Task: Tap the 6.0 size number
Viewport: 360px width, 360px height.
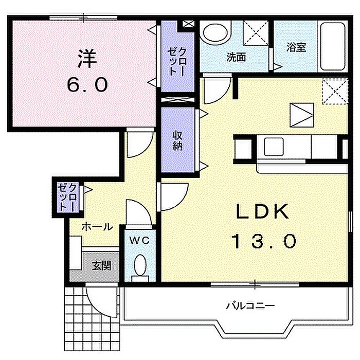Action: pyautogui.click(x=87, y=84)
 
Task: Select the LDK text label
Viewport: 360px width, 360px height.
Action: pyautogui.click(x=262, y=211)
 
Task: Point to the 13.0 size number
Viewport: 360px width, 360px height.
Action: pyautogui.click(x=264, y=241)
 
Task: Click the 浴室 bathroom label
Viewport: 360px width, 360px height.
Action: pyautogui.click(x=296, y=47)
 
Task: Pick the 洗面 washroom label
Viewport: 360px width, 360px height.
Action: pyautogui.click(x=236, y=57)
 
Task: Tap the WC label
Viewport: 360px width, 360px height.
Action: pyautogui.click(x=139, y=240)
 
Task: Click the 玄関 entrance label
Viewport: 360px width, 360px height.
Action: pyautogui.click(x=102, y=266)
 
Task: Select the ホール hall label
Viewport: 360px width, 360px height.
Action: pyautogui.click(x=97, y=227)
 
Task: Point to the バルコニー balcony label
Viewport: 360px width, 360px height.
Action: pyautogui.click(x=250, y=305)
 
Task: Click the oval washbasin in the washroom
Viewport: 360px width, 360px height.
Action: pyautogui.click(x=215, y=33)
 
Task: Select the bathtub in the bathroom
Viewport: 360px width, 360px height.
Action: pyautogui.click(x=333, y=47)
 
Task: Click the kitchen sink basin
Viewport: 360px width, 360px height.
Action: pyautogui.click(x=274, y=147)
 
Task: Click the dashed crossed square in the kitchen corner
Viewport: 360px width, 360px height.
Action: pyautogui.click(x=335, y=92)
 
